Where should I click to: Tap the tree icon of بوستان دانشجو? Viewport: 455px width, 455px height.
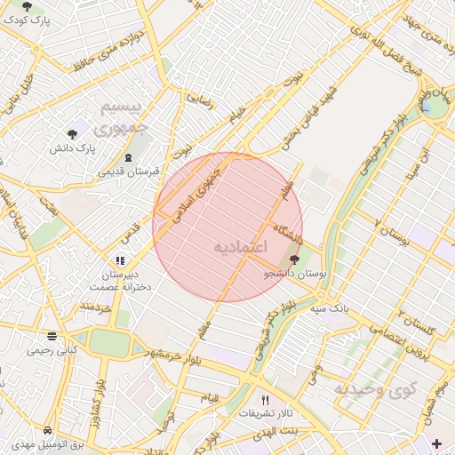click(x=294, y=260)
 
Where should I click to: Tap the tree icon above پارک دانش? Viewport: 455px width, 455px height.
click(x=72, y=133)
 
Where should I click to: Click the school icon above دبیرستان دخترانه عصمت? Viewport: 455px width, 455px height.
click(x=118, y=261)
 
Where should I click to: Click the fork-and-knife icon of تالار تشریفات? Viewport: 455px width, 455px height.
click(x=264, y=400)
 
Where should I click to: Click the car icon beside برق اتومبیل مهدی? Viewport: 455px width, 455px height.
click(x=47, y=430)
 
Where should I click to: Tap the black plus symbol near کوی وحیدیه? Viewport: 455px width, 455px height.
click(x=435, y=443)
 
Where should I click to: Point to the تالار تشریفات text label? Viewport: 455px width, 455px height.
click(x=264, y=414)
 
